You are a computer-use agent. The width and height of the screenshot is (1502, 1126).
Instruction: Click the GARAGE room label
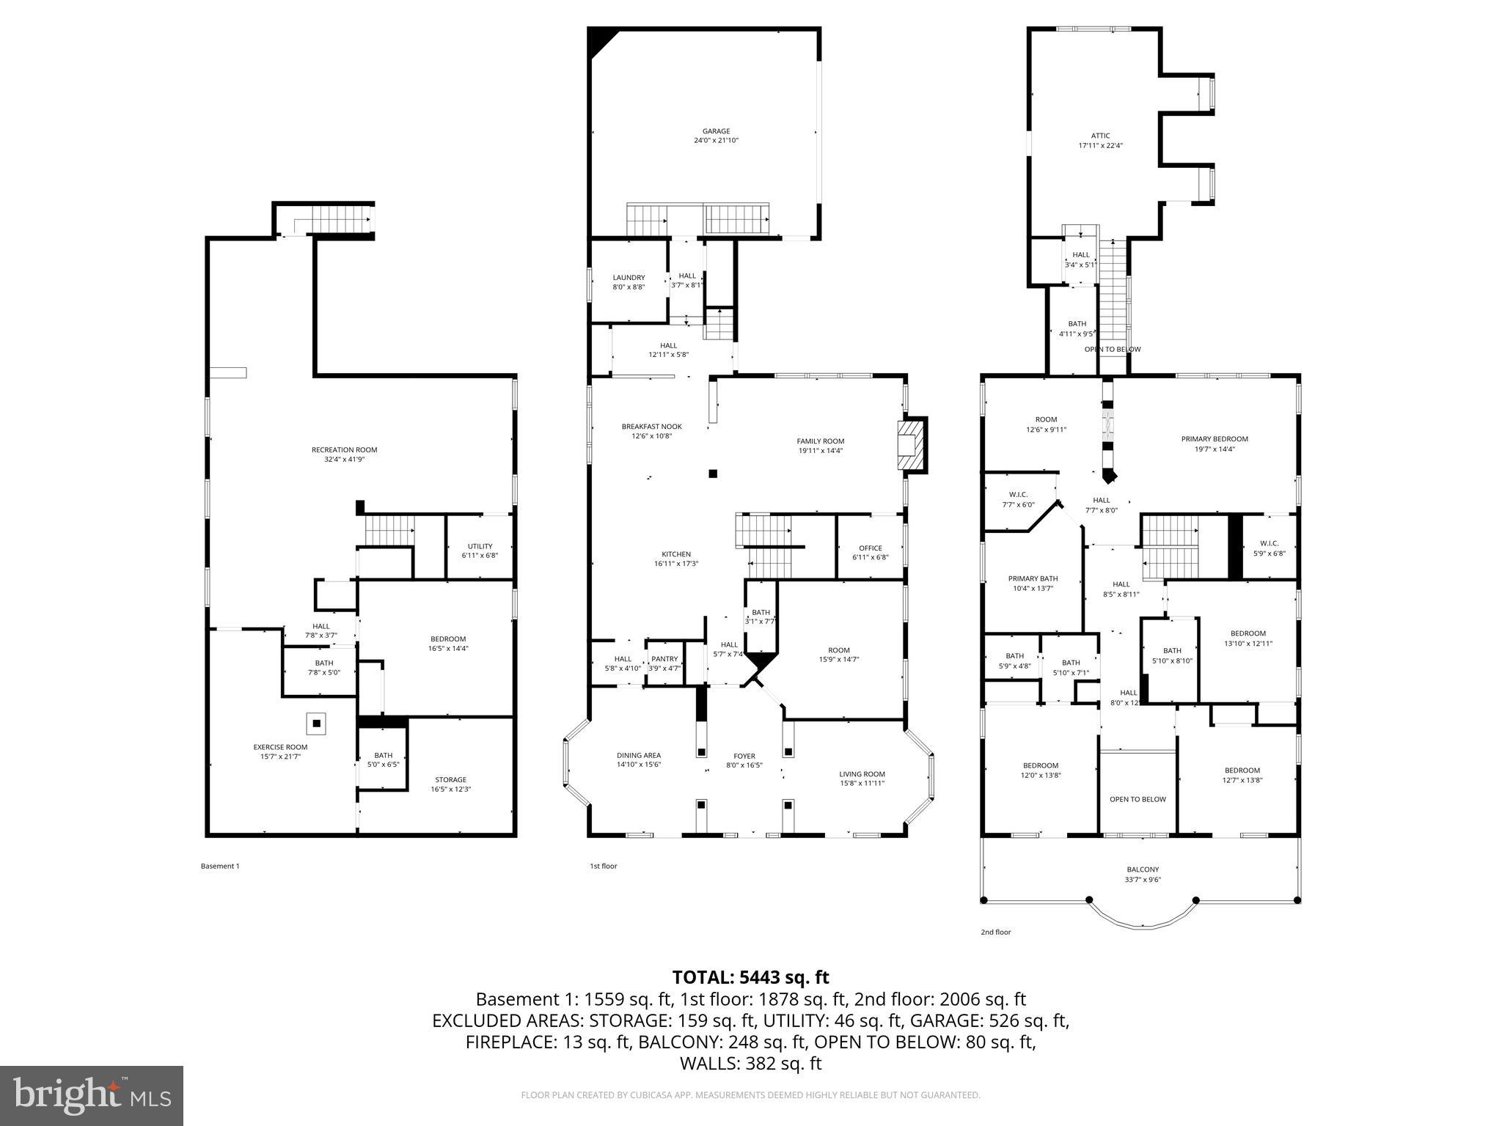(716, 132)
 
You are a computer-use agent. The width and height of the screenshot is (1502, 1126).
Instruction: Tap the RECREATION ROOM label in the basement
(345, 450)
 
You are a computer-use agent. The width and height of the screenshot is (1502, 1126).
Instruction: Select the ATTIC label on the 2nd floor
(1100, 136)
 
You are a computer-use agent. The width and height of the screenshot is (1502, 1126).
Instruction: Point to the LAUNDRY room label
(629, 278)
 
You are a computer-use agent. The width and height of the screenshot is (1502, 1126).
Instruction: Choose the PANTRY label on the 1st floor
(664, 659)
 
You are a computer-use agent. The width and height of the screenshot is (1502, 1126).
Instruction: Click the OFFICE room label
(871, 548)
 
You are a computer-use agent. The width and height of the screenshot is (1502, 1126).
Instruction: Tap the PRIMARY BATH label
(1033, 578)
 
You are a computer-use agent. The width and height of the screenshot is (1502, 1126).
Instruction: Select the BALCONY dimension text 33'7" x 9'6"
(1143, 880)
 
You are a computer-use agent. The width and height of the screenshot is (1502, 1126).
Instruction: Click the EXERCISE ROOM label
(281, 747)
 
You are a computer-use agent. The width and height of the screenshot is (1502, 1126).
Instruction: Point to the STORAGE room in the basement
(450, 780)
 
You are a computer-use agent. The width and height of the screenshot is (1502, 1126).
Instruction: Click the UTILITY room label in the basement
(480, 546)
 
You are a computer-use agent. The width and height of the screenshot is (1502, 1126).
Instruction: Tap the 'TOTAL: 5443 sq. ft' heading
(750, 977)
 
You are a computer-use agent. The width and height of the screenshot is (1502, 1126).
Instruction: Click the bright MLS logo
(92, 1096)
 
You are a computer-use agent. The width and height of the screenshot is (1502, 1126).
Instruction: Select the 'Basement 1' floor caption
(220, 866)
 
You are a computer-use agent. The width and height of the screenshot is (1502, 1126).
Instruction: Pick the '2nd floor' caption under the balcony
(996, 932)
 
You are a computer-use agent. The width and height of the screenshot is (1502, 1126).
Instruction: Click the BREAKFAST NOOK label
(651, 427)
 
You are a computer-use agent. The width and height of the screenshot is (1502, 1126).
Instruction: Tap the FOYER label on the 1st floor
(744, 757)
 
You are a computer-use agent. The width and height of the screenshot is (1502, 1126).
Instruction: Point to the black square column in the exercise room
(317, 724)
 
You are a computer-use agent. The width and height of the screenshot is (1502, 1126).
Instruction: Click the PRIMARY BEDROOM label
(1214, 439)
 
